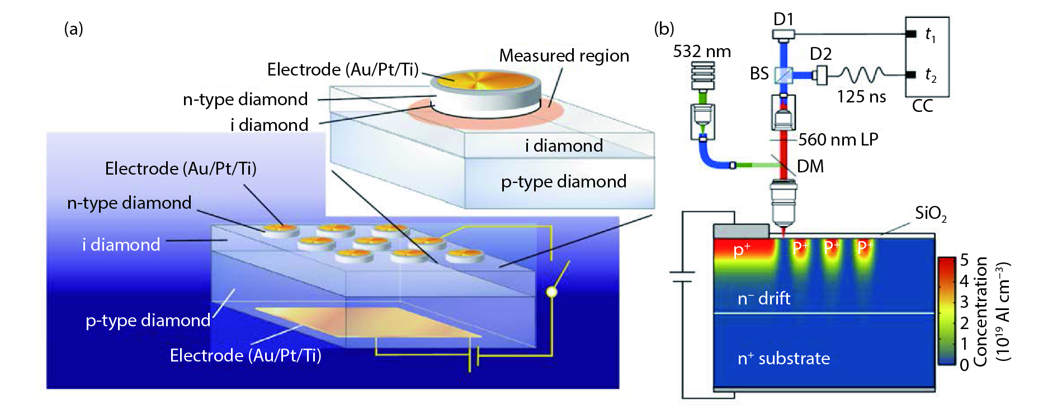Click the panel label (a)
coord(73,29)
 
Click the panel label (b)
coord(664,29)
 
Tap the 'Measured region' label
coord(564,56)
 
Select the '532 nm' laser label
coord(702,51)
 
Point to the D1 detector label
coord(784,19)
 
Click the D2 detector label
coord(820,54)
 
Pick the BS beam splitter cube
coord(784,74)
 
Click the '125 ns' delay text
coord(861,97)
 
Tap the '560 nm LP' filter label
coord(838,139)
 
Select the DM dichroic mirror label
coord(810,166)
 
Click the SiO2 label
coord(931,213)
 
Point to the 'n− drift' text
coord(763,298)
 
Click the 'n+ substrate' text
coord(784,358)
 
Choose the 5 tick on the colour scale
coord(964,260)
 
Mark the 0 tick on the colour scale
coord(964,365)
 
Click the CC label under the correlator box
coord(922,106)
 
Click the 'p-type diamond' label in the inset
coord(563,182)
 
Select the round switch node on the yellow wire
coord(551,292)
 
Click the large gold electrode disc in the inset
coord(484,81)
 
